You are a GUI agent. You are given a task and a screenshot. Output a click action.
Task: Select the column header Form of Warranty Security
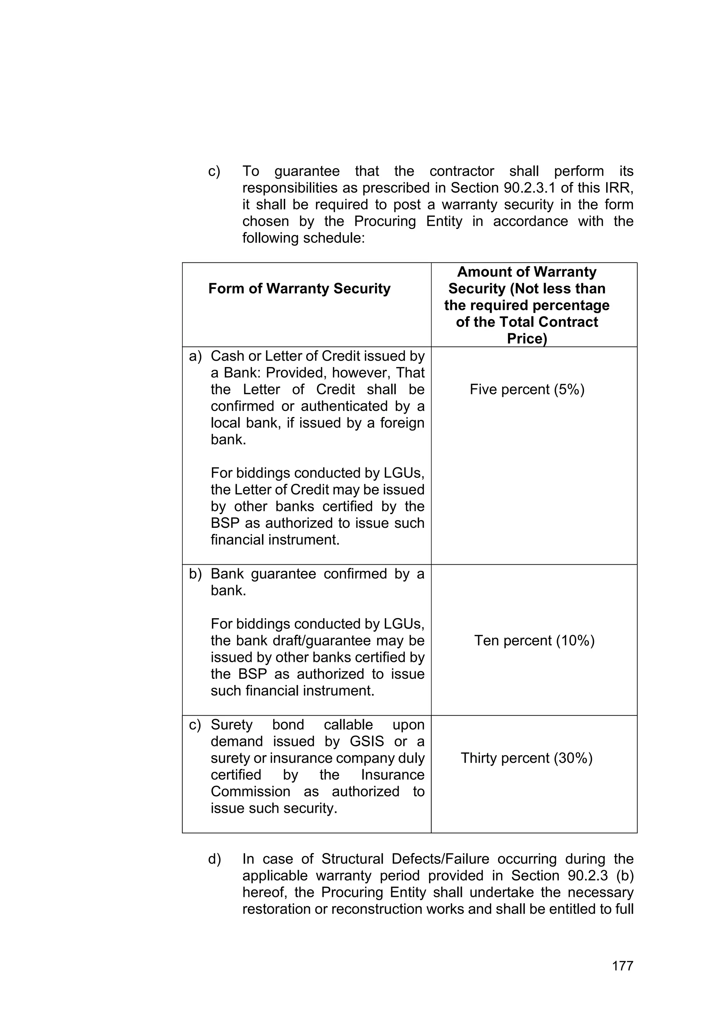tap(299, 289)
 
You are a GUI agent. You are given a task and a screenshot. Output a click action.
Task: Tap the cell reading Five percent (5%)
tap(527, 390)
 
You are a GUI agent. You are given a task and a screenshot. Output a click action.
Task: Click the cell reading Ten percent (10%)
tap(534, 640)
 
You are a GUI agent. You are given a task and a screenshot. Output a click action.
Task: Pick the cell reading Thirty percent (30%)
tap(527, 758)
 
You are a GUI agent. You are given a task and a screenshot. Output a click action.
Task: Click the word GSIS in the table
tap(366, 742)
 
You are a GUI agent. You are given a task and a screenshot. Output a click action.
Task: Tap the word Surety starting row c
tap(231, 725)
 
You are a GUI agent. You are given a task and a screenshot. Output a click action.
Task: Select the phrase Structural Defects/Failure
tap(405, 859)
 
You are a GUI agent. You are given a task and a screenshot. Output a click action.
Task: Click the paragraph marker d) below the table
tap(214, 859)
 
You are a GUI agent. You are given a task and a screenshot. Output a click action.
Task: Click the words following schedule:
tap(303, 238)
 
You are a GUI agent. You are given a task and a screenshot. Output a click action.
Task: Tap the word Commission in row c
tap(250, 791)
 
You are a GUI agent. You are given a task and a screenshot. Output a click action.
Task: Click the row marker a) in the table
tap(195, 356)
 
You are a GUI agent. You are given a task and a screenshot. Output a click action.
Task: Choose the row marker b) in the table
tap(195, 574)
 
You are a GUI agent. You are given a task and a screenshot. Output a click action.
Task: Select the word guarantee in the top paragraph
tap(307, 171)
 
